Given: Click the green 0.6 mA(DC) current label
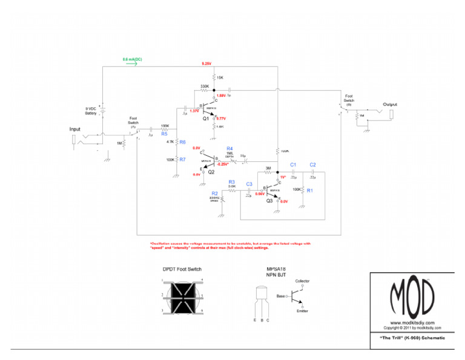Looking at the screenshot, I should tap(133, 59).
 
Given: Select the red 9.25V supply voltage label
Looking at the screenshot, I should tap(206, 64).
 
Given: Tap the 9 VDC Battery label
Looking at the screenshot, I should tap(91, 111).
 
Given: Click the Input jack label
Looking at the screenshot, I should tap(74, 129).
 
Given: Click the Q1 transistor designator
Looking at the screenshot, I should tap(206, 119).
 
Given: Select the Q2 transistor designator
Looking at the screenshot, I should tap(211, 172).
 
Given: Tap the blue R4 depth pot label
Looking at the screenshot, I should tap(229, 148).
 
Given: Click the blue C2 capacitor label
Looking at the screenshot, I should tap(312, 165).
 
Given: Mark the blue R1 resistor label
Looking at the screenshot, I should tap(310, 190).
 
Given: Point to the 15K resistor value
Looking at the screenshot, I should tap(220, 78).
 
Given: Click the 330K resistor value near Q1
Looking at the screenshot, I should tap(205, 87).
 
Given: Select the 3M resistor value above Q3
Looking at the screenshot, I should tap(268, 168).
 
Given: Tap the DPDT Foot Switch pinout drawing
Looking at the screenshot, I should tap(182, 297).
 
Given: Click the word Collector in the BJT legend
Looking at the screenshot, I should tap(302, 281).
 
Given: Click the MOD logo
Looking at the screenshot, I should tap(411, 296).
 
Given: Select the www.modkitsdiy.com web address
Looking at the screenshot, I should tap(411, 322).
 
